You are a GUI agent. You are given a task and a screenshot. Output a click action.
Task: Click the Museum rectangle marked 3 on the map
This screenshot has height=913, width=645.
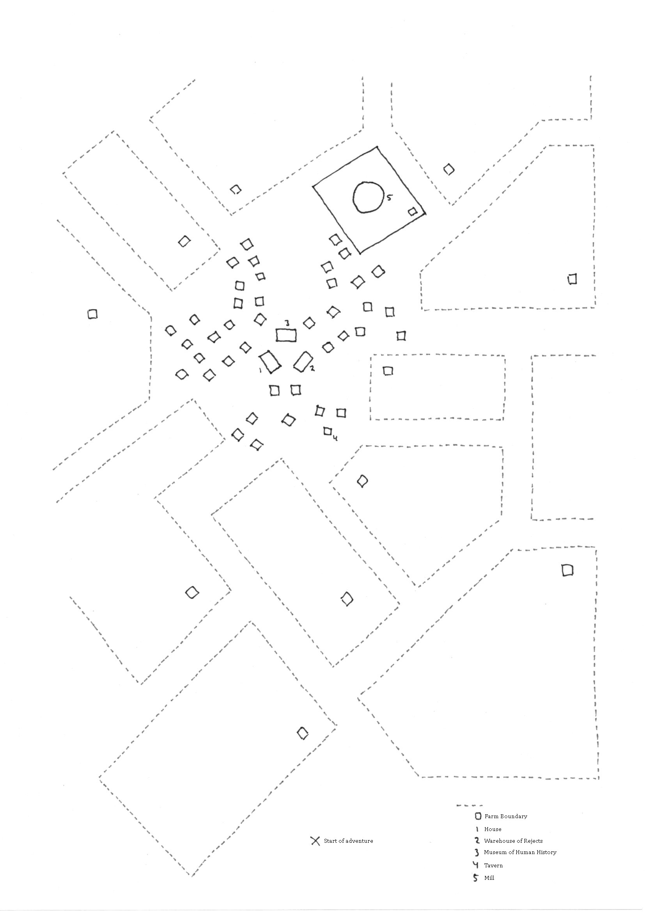tap(286, 335)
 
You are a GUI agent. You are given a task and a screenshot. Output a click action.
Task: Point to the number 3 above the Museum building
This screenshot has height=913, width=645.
tap(287, 323)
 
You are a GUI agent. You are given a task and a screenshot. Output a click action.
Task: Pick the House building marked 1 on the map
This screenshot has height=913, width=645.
tap(270, 362)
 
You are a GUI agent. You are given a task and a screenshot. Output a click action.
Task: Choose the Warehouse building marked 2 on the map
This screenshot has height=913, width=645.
tap(303, 361)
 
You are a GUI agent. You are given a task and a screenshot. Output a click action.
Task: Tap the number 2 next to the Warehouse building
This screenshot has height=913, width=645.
tap(312, 368)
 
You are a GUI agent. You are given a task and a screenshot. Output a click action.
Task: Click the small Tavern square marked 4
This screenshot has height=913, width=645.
tap(328, 431)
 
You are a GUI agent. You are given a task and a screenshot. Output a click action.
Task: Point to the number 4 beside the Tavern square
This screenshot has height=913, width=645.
tap(335, 438)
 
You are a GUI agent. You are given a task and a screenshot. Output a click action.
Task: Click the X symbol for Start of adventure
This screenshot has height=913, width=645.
tap(315, 841)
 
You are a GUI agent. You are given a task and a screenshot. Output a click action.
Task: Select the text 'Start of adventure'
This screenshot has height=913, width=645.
tap(348, 841)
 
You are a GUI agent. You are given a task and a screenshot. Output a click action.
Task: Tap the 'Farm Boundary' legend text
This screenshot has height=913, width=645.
tap(505, 816)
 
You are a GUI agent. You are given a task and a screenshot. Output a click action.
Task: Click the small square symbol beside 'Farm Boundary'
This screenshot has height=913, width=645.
tap(478, 816)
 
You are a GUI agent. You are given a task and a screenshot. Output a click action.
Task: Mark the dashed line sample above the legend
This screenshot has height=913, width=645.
tap(470, 806)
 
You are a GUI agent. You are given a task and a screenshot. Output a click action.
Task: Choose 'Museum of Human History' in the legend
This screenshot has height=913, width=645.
tap(520, 852)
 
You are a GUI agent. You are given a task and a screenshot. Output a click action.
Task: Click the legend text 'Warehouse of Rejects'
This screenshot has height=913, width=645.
tap(513, 841)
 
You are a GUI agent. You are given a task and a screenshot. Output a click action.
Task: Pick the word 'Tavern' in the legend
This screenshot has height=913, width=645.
tap(493, 865)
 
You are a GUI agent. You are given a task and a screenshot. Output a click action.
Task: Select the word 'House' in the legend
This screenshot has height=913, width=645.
tap(493, 829)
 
